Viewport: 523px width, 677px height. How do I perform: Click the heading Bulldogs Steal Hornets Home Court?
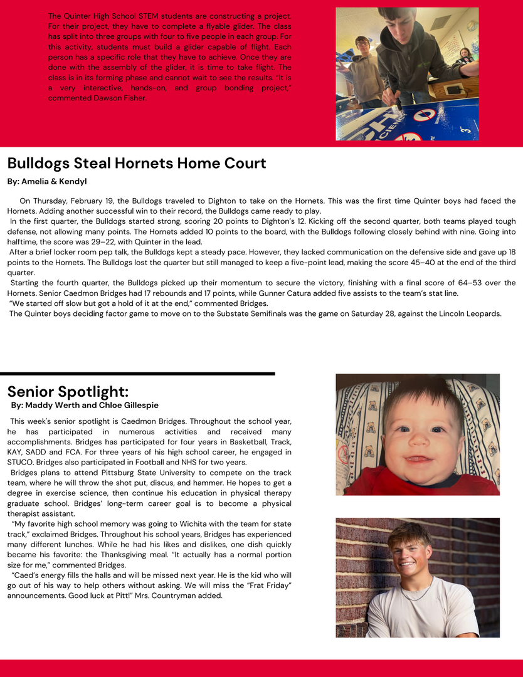(137, 164)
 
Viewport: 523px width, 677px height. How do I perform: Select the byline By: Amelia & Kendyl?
(47, 182)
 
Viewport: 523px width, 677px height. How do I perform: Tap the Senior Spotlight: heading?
(68, 392)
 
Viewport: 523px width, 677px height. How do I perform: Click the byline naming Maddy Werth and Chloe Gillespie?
(85, 406)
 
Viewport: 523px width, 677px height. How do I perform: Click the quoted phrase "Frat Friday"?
(269, 585)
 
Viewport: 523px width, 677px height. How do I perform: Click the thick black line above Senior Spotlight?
(137, 374)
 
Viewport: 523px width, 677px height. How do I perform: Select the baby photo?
(418, 434)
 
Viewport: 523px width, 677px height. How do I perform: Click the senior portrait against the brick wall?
(418, 577)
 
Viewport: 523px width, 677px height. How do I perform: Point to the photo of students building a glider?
(407, 74)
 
